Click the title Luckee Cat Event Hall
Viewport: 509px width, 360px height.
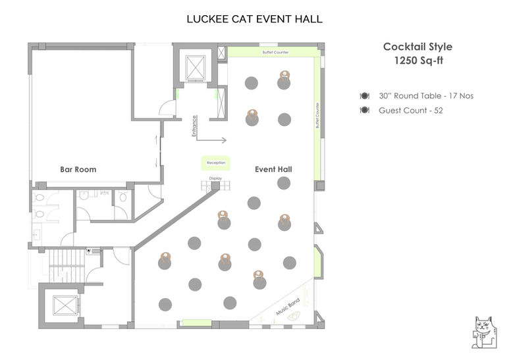click(254, 18)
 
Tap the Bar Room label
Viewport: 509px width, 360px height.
click(78, 170)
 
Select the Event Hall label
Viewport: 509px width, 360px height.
click(273, 170)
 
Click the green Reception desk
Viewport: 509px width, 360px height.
click(216, 163)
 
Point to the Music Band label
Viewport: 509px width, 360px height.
click(287, 307)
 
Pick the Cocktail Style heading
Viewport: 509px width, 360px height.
click(417, 47)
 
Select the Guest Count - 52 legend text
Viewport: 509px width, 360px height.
click(410, 111)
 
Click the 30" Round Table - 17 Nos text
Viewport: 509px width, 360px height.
click(426, 96)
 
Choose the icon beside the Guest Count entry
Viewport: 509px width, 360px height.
click(364, 111)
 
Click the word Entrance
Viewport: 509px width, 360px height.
click(194, 126)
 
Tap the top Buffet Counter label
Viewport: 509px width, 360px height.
click(275, 52)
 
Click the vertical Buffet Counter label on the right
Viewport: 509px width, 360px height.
click(318, 115)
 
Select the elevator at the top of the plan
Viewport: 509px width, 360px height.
click(196, 67)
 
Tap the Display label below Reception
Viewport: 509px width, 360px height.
click(215, 178)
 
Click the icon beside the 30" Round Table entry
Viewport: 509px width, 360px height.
click(364, 96)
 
